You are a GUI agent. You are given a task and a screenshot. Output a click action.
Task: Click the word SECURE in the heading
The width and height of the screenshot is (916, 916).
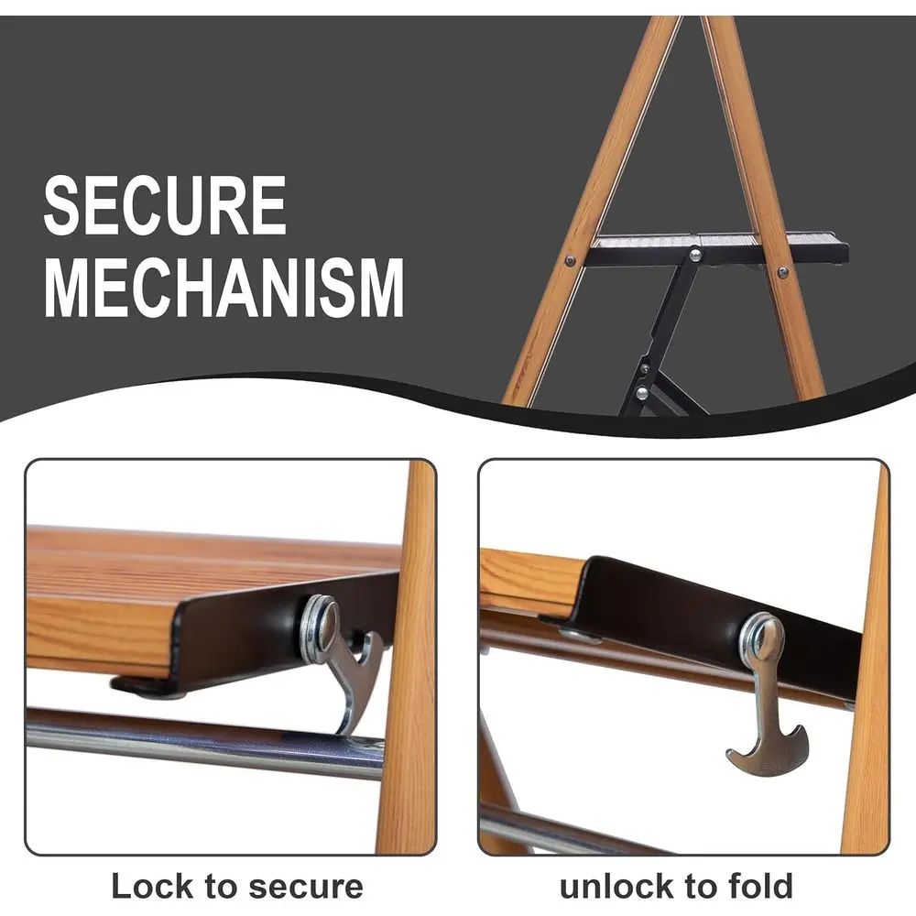click(165, 206)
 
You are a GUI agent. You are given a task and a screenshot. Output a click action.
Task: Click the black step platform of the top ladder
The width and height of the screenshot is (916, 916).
click(714, 247)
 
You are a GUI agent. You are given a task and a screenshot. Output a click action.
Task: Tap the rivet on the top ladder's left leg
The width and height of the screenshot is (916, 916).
click(572, 261)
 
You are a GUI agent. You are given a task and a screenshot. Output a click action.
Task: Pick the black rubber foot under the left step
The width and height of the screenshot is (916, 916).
click(147, 686)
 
